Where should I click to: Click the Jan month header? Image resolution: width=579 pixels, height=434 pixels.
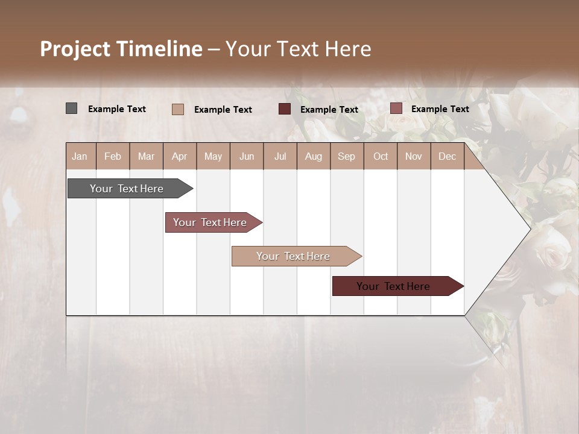[80, 157]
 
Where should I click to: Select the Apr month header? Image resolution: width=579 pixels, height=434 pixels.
[180, 157]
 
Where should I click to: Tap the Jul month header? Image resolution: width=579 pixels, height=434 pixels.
[280, 157]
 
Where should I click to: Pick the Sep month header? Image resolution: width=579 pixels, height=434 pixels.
[346, 157]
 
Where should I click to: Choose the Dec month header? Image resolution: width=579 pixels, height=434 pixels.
[447, 157]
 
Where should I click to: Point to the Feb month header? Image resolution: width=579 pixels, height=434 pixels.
[113, 157]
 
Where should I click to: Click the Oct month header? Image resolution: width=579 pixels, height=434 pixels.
[381, 157]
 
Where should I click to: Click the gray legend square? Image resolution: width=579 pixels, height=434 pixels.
[72, 108]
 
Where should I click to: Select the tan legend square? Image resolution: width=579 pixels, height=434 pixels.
[178, 109]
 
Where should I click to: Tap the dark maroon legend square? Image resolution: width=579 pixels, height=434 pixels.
[285, 109]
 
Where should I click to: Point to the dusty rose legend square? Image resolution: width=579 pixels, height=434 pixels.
[396, 108]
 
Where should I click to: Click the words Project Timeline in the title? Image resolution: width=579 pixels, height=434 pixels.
[121, 49]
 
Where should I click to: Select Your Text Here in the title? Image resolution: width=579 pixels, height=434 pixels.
[298, 49]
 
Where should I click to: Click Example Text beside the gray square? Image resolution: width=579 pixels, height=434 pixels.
[117, 109]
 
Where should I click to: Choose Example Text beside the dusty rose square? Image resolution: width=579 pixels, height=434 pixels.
[440, 109]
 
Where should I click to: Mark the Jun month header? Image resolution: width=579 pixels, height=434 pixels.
[247, 157]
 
